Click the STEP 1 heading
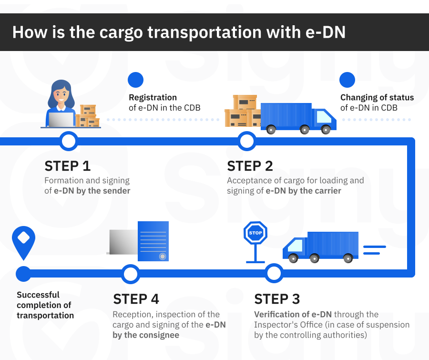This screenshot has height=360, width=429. coord(67,166)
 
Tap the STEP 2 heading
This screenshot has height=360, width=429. coord(250,166)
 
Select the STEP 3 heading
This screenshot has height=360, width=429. coord(277,299)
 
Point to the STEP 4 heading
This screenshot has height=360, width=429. coord(136,299)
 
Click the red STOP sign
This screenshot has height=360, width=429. coord(255,233)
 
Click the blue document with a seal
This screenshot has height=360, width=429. coord(153,241)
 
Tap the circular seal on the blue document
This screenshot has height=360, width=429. coord(163,256)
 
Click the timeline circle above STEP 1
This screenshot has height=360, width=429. coord(69,141)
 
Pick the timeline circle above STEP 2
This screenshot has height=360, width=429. coord(246,141)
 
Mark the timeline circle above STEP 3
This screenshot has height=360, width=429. coord(274,274)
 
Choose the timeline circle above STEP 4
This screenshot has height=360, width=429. coord(130,274)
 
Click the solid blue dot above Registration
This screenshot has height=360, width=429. coord(136,80)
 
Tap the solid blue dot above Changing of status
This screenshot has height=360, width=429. coord(347,80)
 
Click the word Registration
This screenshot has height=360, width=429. coord(153,97)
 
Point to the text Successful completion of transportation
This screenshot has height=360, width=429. coord(45,305)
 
